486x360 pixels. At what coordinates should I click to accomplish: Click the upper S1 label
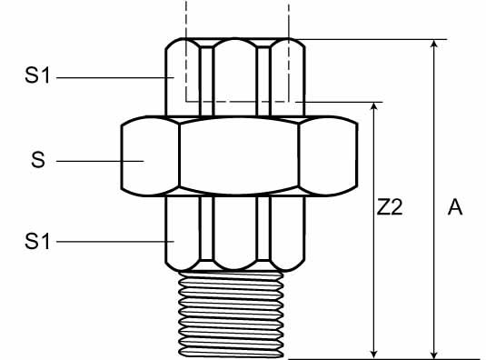[x=37, y=75]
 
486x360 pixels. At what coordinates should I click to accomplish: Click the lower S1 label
[x=37, y=241]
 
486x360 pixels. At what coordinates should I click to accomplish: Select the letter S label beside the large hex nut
[x=38, y=160]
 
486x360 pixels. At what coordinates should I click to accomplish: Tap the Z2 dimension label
[x=390, y=207]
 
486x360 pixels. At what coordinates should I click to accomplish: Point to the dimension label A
[x=455, y=207]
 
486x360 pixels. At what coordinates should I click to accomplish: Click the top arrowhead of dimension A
[x=434, y=44]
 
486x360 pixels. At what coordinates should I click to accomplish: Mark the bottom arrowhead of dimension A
[x=434, y=355]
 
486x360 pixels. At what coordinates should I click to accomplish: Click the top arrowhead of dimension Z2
[x=374, y=105]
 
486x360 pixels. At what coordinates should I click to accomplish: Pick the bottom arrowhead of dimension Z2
[x=374, y=355]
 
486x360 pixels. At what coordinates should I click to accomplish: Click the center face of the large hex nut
[x=239, y=156]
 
